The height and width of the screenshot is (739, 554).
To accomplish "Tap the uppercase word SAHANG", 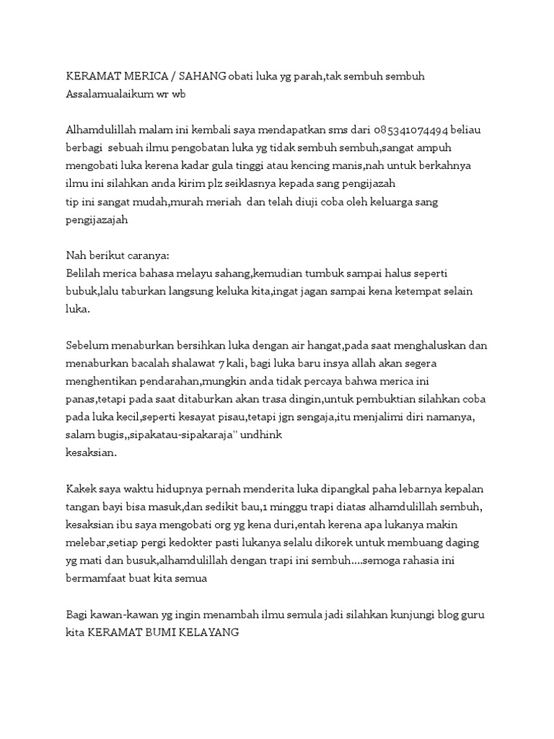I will click(x=203, y=76).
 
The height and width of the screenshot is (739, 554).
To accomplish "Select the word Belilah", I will click(x=84, y=273).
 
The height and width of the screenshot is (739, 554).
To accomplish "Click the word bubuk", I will click(x=81, y=291).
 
